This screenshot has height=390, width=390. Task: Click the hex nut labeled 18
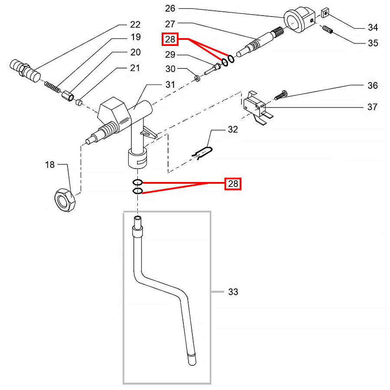[x=65, y=200]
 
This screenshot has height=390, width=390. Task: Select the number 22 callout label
[x=135, y=25]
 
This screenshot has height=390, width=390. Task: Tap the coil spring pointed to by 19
[x=52, y=87]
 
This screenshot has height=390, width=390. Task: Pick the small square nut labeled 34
[x=325, y=13]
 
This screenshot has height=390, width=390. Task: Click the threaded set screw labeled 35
[x=328, y=29]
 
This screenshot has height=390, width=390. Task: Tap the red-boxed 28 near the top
[x=170, y=39]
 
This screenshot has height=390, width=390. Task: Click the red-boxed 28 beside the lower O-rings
[x=233, y=184]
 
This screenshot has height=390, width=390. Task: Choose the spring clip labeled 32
[x=202, y=153]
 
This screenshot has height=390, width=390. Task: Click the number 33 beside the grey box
[x=233, y=292]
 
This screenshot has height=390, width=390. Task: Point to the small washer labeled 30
[x=198, y=78]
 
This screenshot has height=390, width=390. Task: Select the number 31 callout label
[x=170, y=85]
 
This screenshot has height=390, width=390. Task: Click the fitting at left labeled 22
[x=25, y=70]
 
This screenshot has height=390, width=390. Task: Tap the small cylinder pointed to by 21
[x=79, y=102]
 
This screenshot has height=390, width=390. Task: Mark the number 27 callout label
[x=170, y=24]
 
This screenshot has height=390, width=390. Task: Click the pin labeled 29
[x=212, y=69]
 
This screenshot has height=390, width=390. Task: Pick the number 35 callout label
[x=373, y=43]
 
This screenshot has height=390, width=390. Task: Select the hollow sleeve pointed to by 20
[x=68, y=96]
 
